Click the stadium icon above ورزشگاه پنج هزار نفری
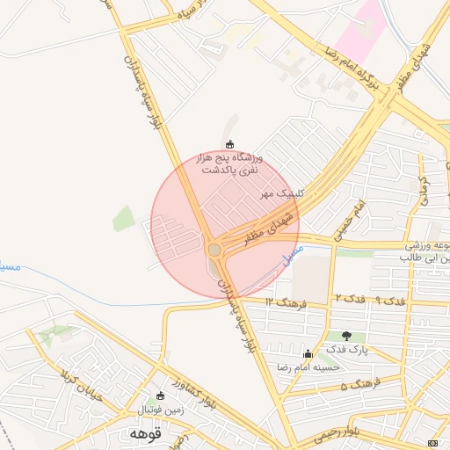230,144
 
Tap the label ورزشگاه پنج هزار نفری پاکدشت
231,163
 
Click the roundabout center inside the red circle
214,250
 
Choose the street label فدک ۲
350,300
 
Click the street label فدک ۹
393,301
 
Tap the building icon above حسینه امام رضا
308,354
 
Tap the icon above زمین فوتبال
159,396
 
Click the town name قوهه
145,433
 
